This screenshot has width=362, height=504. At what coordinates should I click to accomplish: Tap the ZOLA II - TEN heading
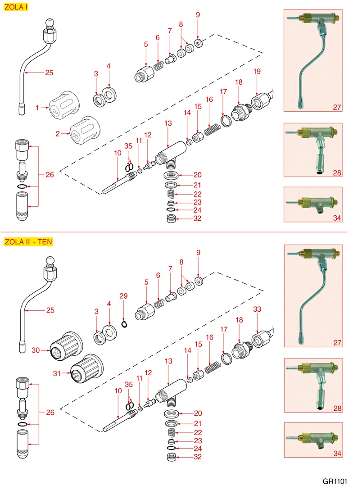pyautogui.click(x=28, y=241)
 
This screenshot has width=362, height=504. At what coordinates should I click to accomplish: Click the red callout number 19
pyautogui.click(x=257, y=72)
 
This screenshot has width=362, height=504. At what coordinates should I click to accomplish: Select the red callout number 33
pyautogui.click(x=257, y=309)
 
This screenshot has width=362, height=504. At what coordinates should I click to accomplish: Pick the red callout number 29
pyautogui.click(x=123, y=296)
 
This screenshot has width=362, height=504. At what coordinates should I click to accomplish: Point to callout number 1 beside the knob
pyautogui.click(x=38, y=108)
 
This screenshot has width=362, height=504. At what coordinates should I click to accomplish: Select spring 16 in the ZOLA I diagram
pyautogui.click(x=210, y=130)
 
